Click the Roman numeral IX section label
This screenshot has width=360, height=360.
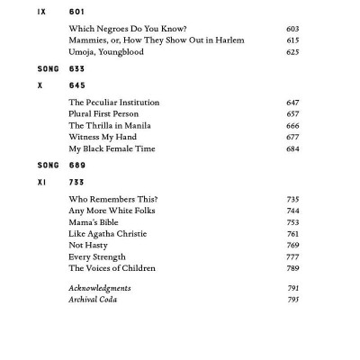coord(42,12)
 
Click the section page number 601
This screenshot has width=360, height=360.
coord(76,12)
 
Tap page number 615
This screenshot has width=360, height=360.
coord(292,40)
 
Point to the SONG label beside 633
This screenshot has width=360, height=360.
coord(48,68)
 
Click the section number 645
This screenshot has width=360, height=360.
coord(76,85)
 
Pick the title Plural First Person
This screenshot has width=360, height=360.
coord(108,114)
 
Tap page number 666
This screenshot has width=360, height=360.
coord(292,126)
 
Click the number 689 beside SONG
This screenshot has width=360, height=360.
coord(76,166)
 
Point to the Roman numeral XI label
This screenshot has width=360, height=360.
coord(42,182)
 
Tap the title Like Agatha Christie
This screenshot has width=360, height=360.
coord(108,234)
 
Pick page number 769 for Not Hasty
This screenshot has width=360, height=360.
coord(292,245)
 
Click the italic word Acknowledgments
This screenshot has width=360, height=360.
coord(100,288)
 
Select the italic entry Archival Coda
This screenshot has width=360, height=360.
coord(93,300)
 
